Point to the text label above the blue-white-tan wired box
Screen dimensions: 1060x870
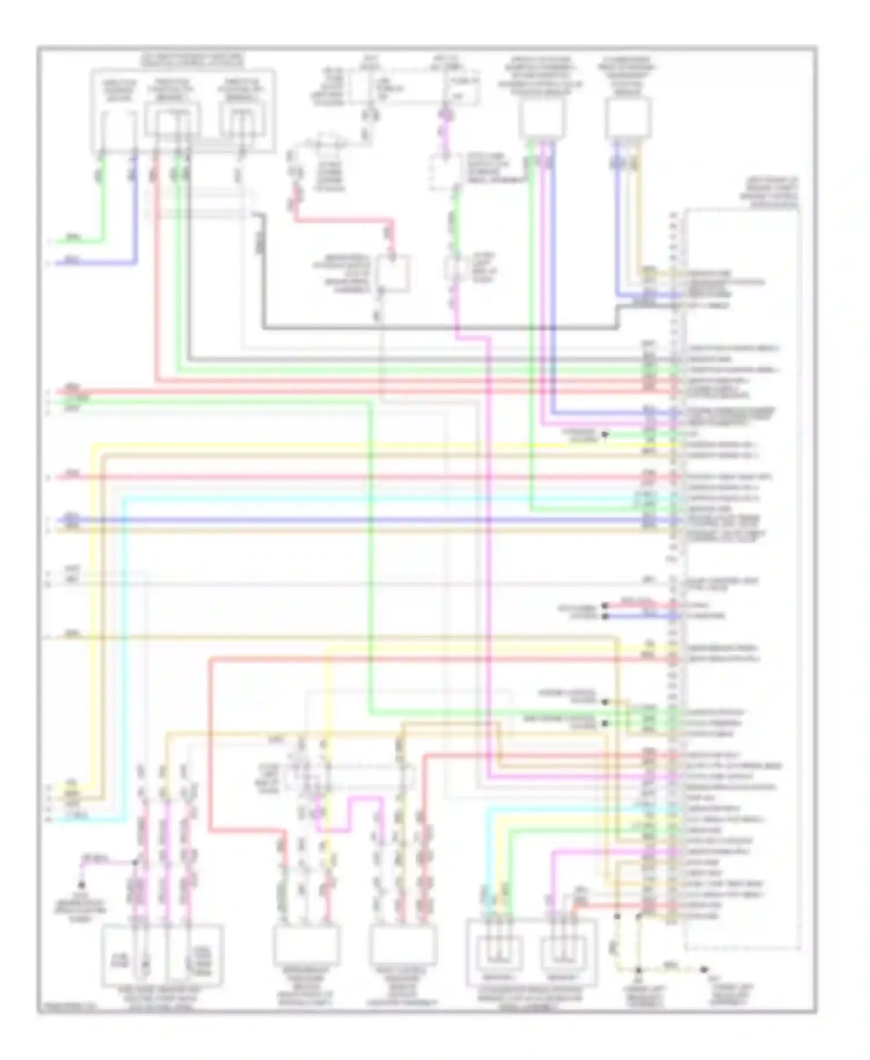coord(628,75)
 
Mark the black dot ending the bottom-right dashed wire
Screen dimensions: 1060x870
coord(704,970)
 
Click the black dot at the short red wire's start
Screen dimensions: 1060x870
coord(605,605)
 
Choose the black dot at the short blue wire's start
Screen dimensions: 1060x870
coord(605,616)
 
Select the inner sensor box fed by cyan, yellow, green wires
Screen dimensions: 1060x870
coord(498,957)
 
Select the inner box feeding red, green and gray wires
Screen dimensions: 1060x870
coord(172,119)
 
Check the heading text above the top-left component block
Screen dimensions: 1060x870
coord(193,59)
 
